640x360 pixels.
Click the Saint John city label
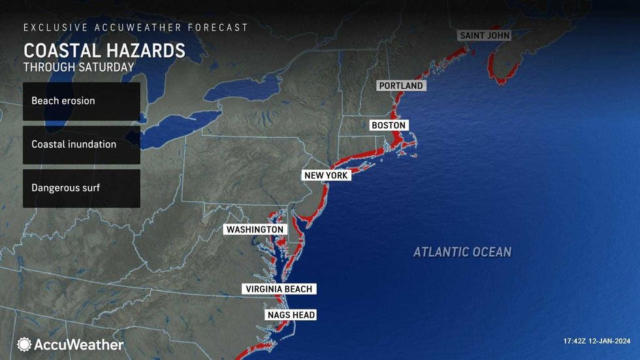(x=484, y=35)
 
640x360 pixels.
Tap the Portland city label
(x=401, y=86)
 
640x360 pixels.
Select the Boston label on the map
(x=389, y=125)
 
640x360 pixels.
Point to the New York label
(x=327, y=176)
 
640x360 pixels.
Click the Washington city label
(x=255, y=229)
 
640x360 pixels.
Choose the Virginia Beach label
(x=279, y=289)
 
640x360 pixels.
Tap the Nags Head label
(x=291, y=315)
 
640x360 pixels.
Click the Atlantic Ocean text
(x=462, y=252)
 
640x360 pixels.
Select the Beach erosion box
(x=82, y=101)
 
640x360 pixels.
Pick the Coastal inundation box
(x=82, y=144)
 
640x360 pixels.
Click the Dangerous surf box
(x=82, y=188)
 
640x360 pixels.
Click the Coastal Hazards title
(x=104, y=51)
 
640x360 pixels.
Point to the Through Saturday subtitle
(x=78, y=67)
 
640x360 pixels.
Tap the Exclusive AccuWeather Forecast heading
(x=136, y=27)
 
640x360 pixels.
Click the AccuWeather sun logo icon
(x=24, y=344)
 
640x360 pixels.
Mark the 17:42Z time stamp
(x=576, y=341)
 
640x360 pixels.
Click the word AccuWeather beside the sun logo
(x=79, y=344)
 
